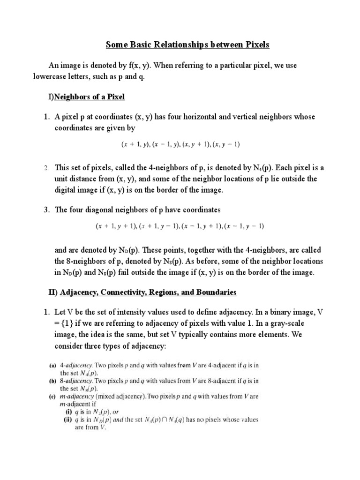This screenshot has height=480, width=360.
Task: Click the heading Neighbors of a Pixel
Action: [x=90, y=97]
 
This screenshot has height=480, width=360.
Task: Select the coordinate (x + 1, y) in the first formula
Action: [x=135, y=145]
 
